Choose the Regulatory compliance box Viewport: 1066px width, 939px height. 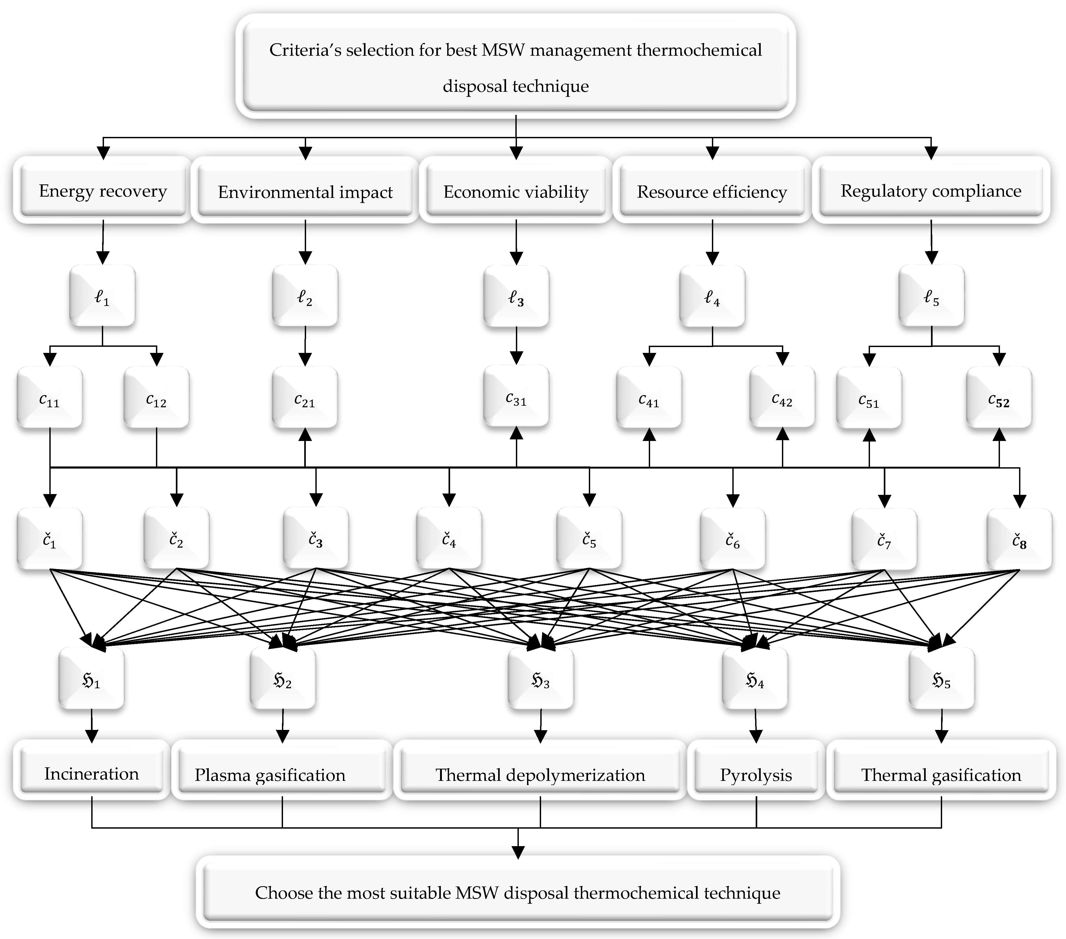coord(931,191)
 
